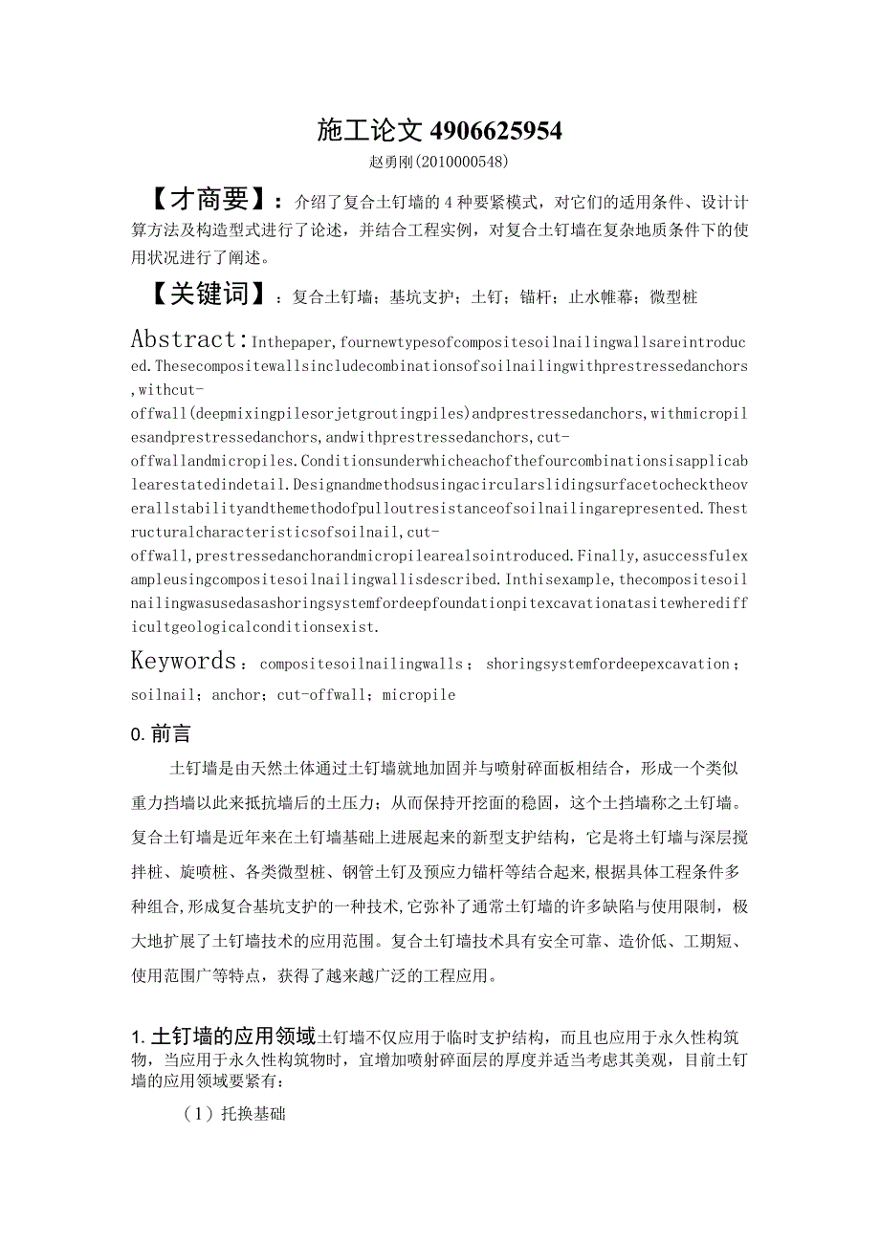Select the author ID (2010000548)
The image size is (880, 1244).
pyautogui.click(x=461, y=162)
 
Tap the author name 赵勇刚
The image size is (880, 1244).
pyautogui.click(x=390, y=162)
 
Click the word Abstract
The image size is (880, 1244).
pyautogui.click(x=187, y=339)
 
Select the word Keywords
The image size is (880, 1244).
pyautogui.click(x=184, y=661)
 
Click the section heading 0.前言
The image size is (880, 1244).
pyautogui.click(x=161, y=733)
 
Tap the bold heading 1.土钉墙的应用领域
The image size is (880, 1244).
pyautogui.click(x=223, y=1037)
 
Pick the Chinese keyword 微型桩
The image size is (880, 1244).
pyautogui.click(x=673, y=297)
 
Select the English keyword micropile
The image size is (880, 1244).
pyautogui.click(x=419, y=695)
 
